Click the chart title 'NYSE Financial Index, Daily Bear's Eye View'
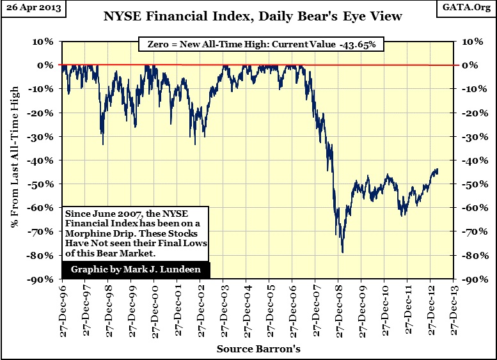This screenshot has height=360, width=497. (x=253, y=16)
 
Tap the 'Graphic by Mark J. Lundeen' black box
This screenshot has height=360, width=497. (x=136, y=269)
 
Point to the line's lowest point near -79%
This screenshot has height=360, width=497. (x=343, y=253)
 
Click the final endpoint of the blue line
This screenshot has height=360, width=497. (x=438, y=169)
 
